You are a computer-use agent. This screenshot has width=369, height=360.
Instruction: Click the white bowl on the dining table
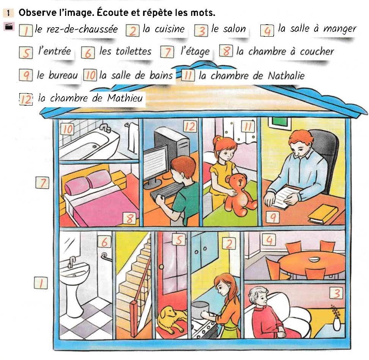tap(314, 260)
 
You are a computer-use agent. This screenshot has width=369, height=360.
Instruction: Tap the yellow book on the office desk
tap(322, 214)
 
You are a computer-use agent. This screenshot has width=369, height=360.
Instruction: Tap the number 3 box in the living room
tap(336, 293)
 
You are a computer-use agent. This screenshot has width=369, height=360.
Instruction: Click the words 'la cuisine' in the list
tap(163, 29)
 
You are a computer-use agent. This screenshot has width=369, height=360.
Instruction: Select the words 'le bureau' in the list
tap(57, 75)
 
